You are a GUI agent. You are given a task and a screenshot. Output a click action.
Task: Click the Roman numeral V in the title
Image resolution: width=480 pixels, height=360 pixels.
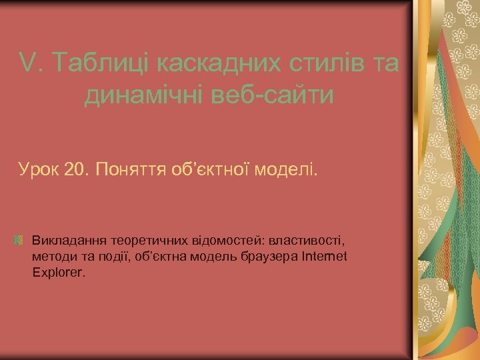point(27,64)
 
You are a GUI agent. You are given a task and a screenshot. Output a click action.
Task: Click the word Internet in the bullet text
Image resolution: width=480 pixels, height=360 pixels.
point(325,256)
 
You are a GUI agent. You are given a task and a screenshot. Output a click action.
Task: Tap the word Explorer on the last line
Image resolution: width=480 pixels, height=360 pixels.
point(57,273)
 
